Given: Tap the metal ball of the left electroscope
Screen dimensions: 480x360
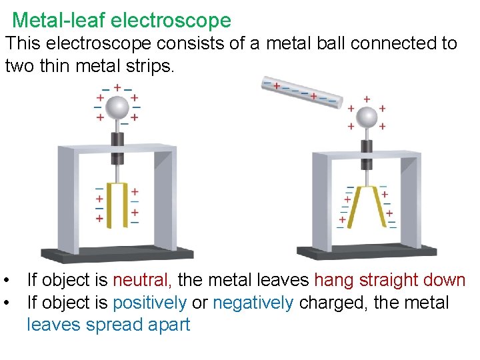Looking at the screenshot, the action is tap(117, 107).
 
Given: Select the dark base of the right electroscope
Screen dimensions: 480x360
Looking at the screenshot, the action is tap(366, 252).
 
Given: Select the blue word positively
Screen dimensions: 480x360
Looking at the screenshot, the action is tap(149, 303).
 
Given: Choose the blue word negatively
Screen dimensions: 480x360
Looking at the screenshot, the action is tap(253, 303).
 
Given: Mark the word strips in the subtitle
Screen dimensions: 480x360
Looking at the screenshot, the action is tap(145, 66).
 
